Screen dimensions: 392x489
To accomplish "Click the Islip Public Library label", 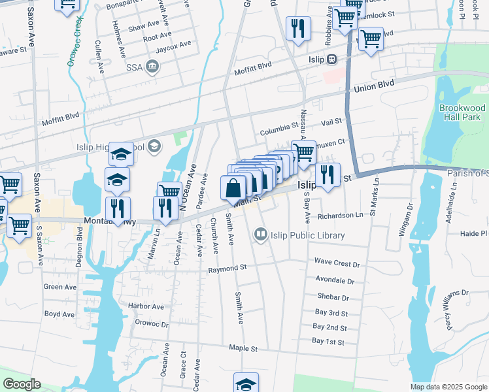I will (x=301, y=235).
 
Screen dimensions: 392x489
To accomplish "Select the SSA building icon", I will (x=152, y=65).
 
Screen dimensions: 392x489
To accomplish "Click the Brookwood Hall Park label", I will (x=462, y=112).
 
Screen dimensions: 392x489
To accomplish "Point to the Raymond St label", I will (x=227, y=268).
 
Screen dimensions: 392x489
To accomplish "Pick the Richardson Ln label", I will (x=340, y=215).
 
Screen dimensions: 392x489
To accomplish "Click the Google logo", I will (x=22, y=384).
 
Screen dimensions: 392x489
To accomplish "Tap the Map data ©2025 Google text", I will (x=449, y=387).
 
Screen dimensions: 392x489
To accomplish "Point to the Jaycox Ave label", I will (x=176, y=44).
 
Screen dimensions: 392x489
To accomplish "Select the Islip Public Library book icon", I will (x=261, y=234).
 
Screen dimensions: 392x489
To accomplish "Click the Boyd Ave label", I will (x=59, y=314).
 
